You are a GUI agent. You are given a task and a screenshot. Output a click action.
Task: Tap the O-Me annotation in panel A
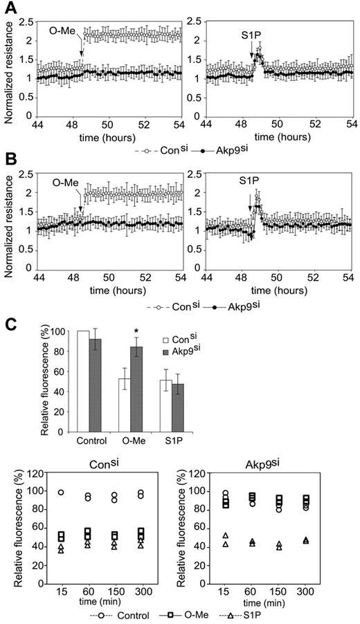point(63,33)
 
